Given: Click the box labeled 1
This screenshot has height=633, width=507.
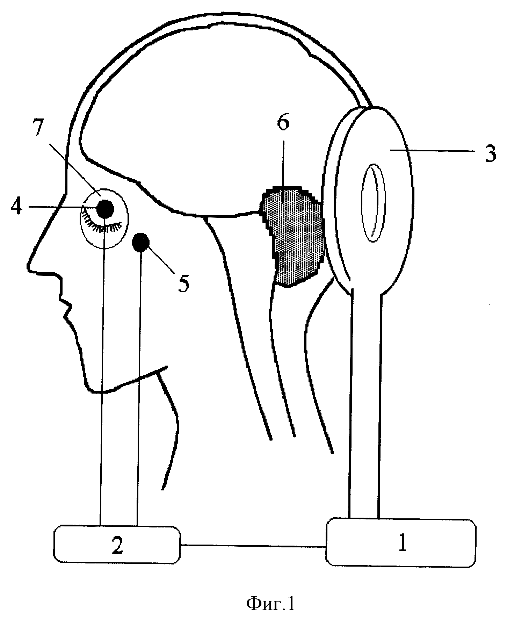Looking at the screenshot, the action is tap(401, 542).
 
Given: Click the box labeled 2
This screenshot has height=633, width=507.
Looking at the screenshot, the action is tap(117, 545).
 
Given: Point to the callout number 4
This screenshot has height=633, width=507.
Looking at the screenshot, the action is tap(17, 207).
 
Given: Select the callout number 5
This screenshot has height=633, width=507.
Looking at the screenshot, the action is tap(183, 283).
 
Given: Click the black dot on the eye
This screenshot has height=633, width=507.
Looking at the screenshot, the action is tap(105, 209).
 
